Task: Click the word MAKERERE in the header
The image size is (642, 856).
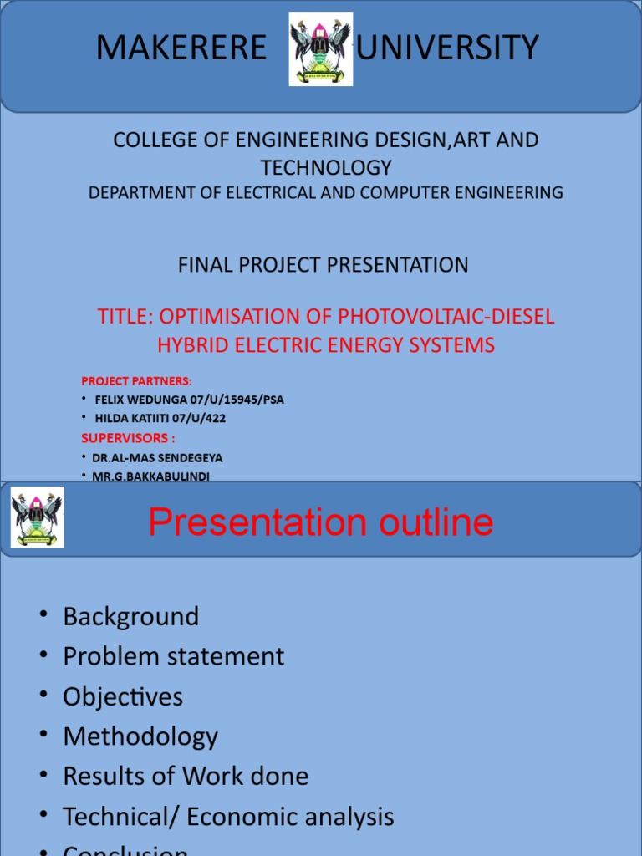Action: (181, 48)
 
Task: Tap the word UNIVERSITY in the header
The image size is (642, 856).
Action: (447, 48)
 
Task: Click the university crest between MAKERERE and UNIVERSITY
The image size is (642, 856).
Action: (321, 48)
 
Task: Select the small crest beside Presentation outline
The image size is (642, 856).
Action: (37, 517)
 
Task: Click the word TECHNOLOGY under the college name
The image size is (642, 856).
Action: (325, 166)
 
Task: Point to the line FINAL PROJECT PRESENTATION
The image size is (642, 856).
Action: (323, 265)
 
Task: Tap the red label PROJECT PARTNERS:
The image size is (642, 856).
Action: (136, 381)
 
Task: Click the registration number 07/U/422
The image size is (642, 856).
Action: (198, 419)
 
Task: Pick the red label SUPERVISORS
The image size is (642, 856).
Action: (127, 438)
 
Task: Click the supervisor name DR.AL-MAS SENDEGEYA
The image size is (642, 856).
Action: (157, 458)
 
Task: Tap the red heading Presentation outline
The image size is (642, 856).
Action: (320, 523)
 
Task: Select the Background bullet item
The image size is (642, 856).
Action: (131, 617)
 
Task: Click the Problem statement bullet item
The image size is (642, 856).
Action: (173, 657)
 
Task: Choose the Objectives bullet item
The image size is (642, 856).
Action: (123, 697)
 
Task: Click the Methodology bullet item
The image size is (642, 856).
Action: (140, 737)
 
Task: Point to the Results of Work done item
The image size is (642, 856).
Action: (186, 777)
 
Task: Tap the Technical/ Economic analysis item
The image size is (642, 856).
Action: (228, 817)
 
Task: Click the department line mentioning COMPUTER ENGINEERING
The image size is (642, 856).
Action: (326, 193)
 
